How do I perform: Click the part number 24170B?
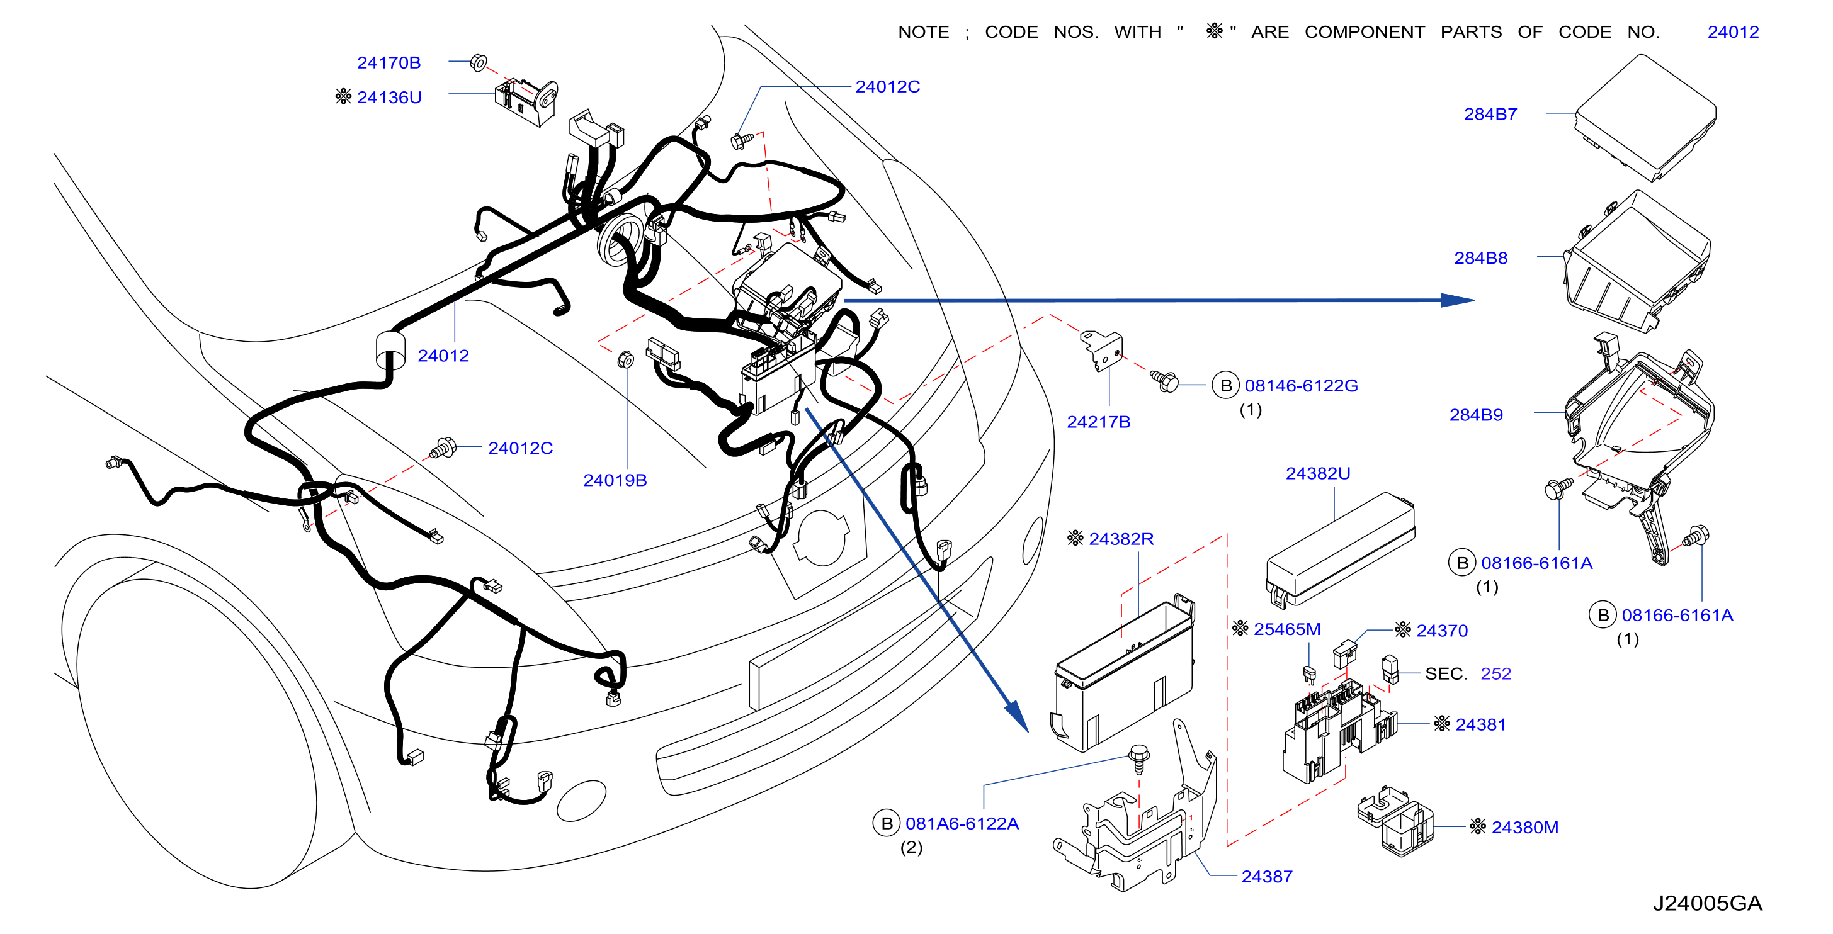tap(389, 62)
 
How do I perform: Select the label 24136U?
tap(389, 98)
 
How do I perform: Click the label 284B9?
tap(1476, 415)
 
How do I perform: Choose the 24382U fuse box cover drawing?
tap(1341, 550)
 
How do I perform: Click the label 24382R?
tap(1121, 539)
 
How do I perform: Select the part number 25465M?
tap(1286, 629)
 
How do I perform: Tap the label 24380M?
tap(1525, 827)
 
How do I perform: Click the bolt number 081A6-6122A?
tap(962, 824)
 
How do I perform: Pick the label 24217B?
tap(1099, 422)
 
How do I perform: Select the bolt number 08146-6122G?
tap(1301, 386)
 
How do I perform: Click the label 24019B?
tap(615, 480)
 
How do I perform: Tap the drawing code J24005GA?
tap(1707, 903)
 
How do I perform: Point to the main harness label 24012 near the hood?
tap(443, 356)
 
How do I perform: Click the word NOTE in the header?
tap(923, 32)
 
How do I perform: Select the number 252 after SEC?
tap(1495, 673)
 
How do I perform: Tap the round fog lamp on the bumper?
tap(581, 801)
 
